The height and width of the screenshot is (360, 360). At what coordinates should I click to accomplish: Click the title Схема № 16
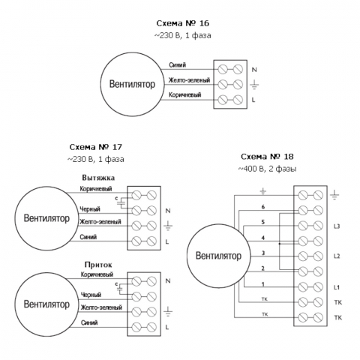tap(182, 23)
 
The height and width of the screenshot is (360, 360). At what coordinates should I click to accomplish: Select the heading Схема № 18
tap(267, 157)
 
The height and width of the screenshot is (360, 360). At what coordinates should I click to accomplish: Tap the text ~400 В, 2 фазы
tap(267, 169)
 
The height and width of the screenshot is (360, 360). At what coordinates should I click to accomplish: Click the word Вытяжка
tap(98, 178)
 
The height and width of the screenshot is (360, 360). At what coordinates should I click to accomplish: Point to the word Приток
tap(98, 265)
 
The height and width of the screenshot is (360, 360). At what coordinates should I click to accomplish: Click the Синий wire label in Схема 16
tap(178, 65)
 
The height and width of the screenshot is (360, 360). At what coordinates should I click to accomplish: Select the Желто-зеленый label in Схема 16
tap(189, 80)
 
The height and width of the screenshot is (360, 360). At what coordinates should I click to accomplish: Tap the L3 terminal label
tap(337, 226)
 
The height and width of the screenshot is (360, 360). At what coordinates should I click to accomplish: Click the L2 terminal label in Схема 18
tap(337, 256)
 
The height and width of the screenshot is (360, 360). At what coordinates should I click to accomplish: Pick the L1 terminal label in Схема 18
tap(337, 287)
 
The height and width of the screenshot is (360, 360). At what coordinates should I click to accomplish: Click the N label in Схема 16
tap(254, 70)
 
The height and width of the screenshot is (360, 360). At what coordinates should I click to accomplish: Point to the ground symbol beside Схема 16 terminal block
tap(254, 85)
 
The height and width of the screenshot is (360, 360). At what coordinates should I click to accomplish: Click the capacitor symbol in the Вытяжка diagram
tap(121, 202)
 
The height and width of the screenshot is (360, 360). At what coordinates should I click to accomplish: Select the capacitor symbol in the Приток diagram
tap(121, 288)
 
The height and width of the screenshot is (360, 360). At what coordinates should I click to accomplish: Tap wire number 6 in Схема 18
tap(263, 207)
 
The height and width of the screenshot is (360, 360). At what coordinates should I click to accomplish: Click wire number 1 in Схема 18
tap(263, 284)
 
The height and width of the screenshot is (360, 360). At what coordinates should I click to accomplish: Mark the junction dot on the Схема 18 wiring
tap(280, 244)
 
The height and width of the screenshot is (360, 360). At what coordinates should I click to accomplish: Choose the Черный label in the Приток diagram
tap(91, 295)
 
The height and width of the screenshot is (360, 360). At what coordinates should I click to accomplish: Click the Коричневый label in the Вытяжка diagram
tap(96, 189)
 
